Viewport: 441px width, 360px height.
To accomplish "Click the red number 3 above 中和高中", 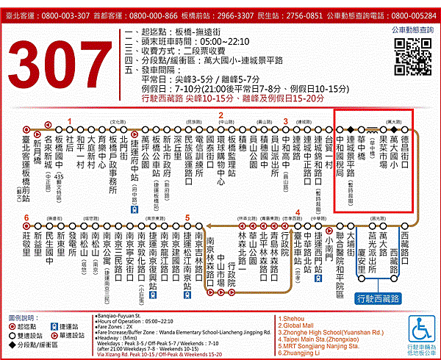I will (x=286, y=122).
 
